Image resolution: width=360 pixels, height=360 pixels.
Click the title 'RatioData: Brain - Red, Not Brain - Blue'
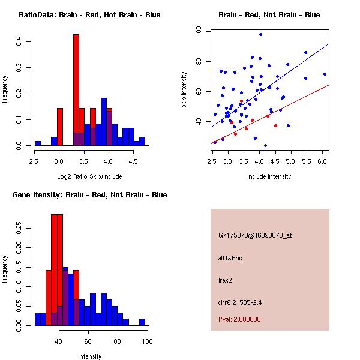pyautogui.click(x=89, y=15)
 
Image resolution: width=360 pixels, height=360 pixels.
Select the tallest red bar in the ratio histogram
pyautogui.click(x=76, y=90)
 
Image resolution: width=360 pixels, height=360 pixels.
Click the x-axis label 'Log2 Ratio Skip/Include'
pyautogui.click(x=89, y=176)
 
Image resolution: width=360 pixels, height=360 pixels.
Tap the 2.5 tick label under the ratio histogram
pyautogui.click(x=34, y=161)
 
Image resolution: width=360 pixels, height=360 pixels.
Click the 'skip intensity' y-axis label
pyautogui.click(x=185, y=90)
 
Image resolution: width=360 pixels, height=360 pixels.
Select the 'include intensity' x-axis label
pyautogui.click(x=269, y=176)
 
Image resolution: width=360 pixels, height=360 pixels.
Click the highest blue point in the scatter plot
pyautogui.click(x=260, y=34)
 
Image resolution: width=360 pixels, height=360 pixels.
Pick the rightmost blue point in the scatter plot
pyautogui.click(x=325, y=74)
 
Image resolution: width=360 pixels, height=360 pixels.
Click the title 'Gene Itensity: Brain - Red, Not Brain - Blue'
pyautogui.click(x=89, y=195)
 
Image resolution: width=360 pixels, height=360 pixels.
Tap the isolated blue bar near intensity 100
pyautogui.click(x=142, y=322)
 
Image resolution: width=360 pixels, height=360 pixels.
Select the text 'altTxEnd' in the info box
pyautogui.click(x=230, y=258)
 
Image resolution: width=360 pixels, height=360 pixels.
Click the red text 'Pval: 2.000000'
pyautogui.click(x=239, y=319)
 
